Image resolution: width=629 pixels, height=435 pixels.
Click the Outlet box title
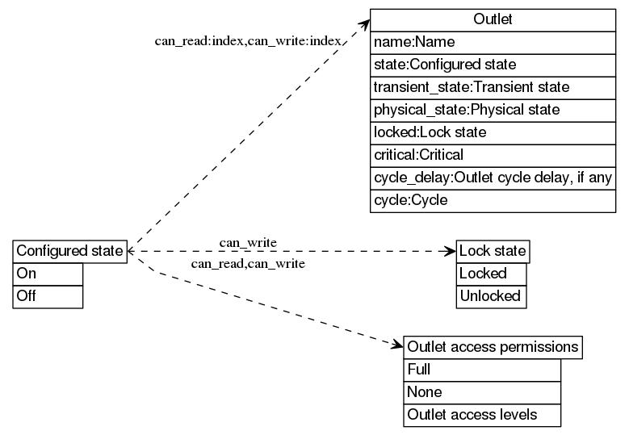click(493, 19)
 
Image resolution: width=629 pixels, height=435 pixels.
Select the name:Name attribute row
click(493, 42)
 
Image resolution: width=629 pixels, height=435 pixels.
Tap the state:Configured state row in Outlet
click(493, 64)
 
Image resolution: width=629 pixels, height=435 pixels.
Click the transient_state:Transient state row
click(493, 86)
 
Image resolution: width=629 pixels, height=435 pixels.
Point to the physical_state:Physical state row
click(493, 109)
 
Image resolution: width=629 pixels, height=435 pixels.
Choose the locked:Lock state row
click(493, 132)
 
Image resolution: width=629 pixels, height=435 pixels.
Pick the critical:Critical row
click(493, 154)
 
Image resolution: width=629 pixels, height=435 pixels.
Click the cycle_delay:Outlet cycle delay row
click(493, 177)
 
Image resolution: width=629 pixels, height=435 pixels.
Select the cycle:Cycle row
click(493, 199)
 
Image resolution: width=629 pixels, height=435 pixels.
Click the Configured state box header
click(70, 251)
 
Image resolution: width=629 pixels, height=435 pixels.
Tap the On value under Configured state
click(48, 274)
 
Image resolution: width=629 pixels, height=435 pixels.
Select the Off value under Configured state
click(48, 296)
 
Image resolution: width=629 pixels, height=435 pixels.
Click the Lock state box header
click(493, 251)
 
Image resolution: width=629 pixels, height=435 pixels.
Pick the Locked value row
click(491, 274)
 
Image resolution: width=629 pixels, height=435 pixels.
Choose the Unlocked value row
click(491, 296)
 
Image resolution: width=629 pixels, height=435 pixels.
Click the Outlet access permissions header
click(493, 348)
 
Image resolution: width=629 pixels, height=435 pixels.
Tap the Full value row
click(482, 370)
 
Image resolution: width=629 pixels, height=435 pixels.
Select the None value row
click(482, 392)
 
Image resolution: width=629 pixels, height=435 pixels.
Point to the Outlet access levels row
click(482, 415)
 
